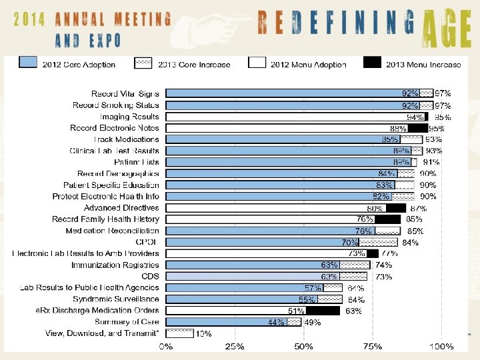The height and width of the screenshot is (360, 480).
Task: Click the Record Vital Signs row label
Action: pos(125,94)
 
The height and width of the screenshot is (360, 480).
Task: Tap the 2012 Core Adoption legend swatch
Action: pos(27,64)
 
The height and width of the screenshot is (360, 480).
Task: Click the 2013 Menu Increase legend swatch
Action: pos(373,64)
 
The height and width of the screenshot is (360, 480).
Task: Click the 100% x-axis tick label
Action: pos(441,347)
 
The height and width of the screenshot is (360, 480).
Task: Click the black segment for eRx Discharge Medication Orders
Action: pos(323,311)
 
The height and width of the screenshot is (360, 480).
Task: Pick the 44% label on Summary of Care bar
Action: pos(275,322)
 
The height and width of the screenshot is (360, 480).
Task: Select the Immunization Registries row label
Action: pos(115,265)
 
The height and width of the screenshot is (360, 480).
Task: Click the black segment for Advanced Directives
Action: pos(395,208)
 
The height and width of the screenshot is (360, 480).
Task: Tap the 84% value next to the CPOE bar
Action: pos(411,242)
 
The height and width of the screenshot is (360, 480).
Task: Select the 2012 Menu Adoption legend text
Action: pos(307,65)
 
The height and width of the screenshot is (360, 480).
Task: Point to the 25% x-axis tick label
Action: pos(234,347)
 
